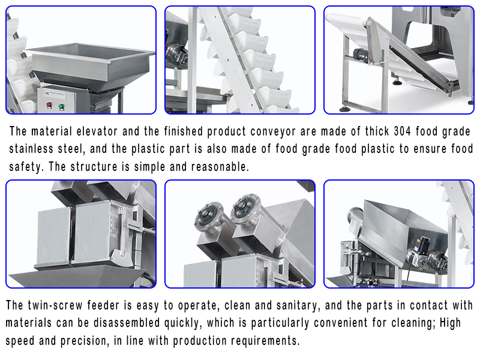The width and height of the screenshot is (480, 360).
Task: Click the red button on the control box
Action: coord(49,106)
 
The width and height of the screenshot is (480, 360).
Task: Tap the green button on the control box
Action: coord(61,107)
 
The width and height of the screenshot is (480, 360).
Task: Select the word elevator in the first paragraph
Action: coord(97,131)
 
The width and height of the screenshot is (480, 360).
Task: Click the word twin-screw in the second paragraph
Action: coord(55,305)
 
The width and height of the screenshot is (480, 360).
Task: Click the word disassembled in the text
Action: coord(127,323)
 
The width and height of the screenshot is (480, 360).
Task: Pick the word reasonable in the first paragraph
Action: coord(220,167)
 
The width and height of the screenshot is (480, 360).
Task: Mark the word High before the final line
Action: coord(451,323)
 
